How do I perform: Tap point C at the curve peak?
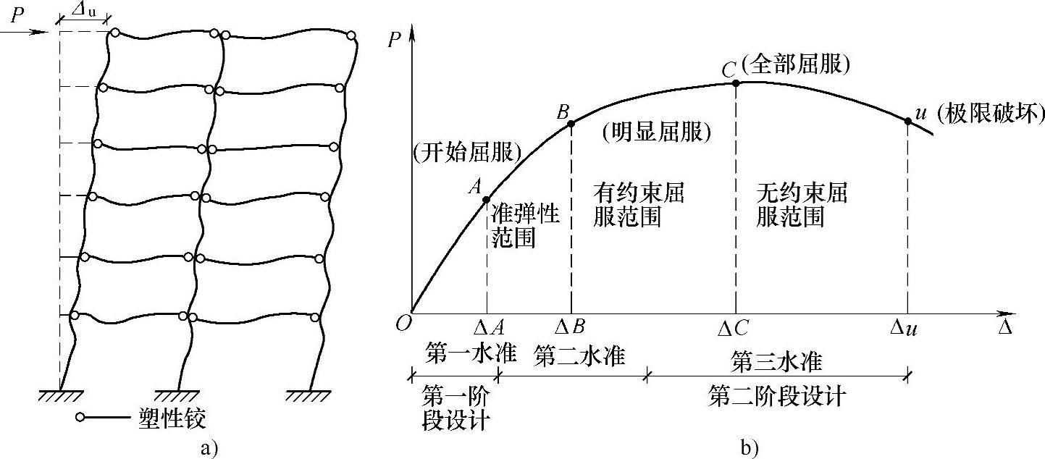(736, 83)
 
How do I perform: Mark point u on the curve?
(908, 121)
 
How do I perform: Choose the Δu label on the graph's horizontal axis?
(905, 328)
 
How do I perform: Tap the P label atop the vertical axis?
(394, 40)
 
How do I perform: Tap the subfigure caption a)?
(209, 448)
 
